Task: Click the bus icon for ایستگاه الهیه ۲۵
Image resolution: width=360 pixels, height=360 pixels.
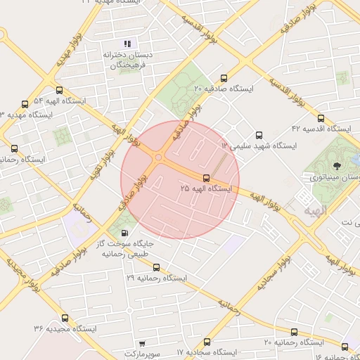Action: click(x=206, y=178)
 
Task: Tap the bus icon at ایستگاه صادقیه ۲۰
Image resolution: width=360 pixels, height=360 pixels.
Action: click(x=224, y=79)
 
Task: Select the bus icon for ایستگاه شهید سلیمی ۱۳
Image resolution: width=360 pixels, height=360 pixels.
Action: click(x=259, y=135)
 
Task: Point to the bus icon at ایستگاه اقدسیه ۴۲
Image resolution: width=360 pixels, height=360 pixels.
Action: click(x=321, y=118)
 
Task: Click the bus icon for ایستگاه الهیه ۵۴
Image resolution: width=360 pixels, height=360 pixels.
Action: click(x=59, y=90)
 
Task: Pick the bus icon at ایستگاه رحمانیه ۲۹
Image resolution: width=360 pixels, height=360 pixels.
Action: click(x=156, y=267)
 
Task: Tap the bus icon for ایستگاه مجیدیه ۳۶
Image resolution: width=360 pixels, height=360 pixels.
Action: click(x=65, y=318)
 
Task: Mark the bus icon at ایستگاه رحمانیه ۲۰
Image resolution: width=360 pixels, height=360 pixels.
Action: click(x=294, y=332)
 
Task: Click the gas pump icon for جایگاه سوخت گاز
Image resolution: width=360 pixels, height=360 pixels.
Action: click(x=125, y=233)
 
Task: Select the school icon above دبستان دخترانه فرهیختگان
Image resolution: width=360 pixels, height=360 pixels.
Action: click(x=127, y=44)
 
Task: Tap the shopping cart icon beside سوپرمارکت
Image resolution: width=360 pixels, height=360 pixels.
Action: click(x=143, y=344)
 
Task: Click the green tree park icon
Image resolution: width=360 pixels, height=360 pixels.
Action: click(x=336, y=166)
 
